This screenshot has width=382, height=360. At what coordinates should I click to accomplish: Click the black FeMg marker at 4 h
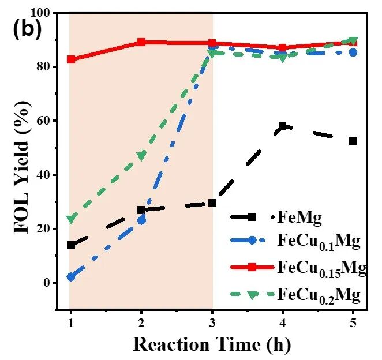click(x=283, y=126)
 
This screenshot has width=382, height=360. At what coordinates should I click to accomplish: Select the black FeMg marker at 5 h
click(x=353, y=141)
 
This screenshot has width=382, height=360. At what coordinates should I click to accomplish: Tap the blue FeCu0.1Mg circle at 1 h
click(x=71, y=277)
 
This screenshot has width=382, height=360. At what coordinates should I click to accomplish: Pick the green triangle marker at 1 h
click(x=71, y=219)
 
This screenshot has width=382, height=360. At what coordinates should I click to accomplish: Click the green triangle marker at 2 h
click(x=141, y=156)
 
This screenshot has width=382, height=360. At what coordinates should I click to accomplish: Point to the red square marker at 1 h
click(x=71, y=59)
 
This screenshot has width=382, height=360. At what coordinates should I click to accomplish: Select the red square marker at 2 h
click(x=141, y=42)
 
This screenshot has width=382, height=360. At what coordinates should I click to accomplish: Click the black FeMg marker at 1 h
click(x=71, y=245)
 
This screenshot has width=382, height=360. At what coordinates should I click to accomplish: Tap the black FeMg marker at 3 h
click(x=212, y=203)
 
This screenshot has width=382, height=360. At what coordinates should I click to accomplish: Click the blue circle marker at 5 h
click(x=353, y=52)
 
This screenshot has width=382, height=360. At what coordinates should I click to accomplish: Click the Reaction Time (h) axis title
click(x=212, y=344)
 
